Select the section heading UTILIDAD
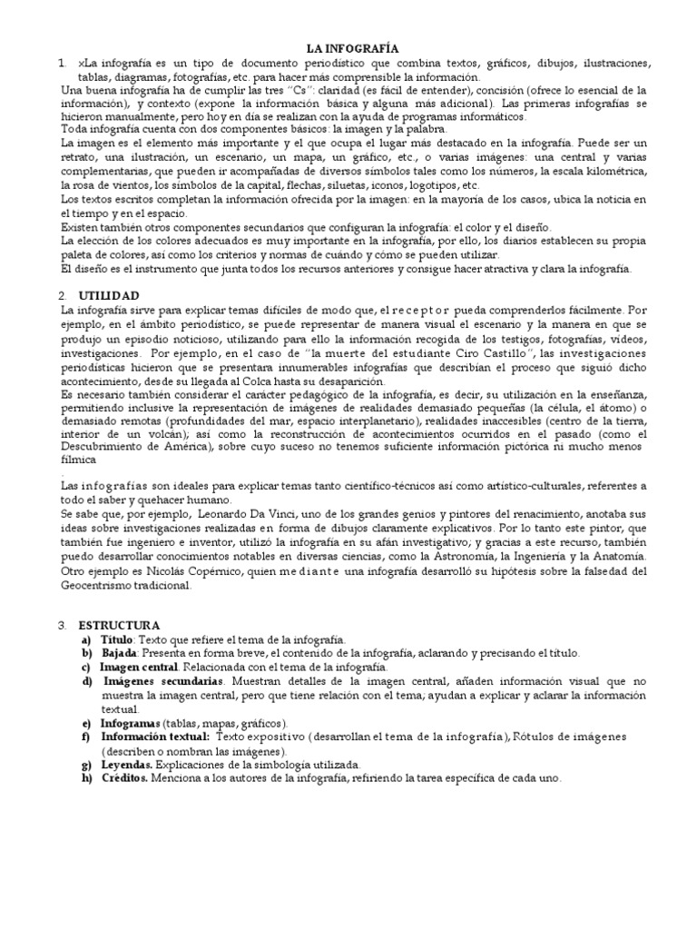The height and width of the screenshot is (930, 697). point(108,296)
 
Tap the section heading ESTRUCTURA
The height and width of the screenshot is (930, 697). point(119,626)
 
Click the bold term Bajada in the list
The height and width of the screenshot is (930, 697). point(118,653)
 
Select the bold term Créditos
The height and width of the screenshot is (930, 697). point(123,779)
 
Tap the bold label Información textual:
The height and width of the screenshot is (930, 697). point(154,737)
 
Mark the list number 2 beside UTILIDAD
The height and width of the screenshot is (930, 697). point(61,296)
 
